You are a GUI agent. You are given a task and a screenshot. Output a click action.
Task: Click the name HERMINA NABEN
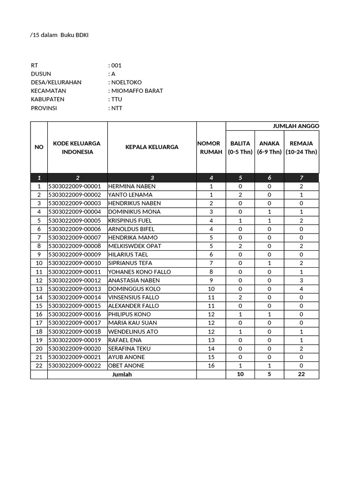[x=132, y=186]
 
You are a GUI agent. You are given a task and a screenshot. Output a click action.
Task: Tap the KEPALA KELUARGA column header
[x=151, y=147]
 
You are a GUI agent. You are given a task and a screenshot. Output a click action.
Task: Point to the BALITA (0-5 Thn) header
[x=240, y=148]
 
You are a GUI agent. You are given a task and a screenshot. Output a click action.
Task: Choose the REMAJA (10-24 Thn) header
[x=301, y=148]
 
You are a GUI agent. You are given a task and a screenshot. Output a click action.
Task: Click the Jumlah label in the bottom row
[x=122, y=375]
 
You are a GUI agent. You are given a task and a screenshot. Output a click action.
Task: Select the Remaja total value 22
[x=301, y=375]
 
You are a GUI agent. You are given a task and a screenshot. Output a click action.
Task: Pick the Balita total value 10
[x=240, y=375]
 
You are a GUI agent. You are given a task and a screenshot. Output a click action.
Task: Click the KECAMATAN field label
[x=48, y=91]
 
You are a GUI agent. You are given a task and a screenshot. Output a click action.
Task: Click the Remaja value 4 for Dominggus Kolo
[x=301, y=289]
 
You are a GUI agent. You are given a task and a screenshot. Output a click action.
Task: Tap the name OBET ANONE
[x=126, y=366]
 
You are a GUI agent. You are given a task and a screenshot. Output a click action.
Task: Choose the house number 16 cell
[x=211, y=366]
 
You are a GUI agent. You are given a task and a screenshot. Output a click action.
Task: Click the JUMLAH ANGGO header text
[x=296, y=126]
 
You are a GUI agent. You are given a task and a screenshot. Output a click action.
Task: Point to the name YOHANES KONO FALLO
[x=139, y=272]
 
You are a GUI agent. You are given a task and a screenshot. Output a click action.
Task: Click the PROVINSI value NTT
[x=117, y=108]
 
